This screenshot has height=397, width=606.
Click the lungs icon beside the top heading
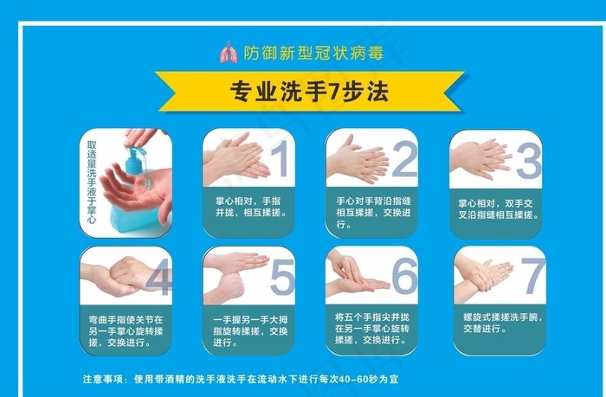coord(228,54)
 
